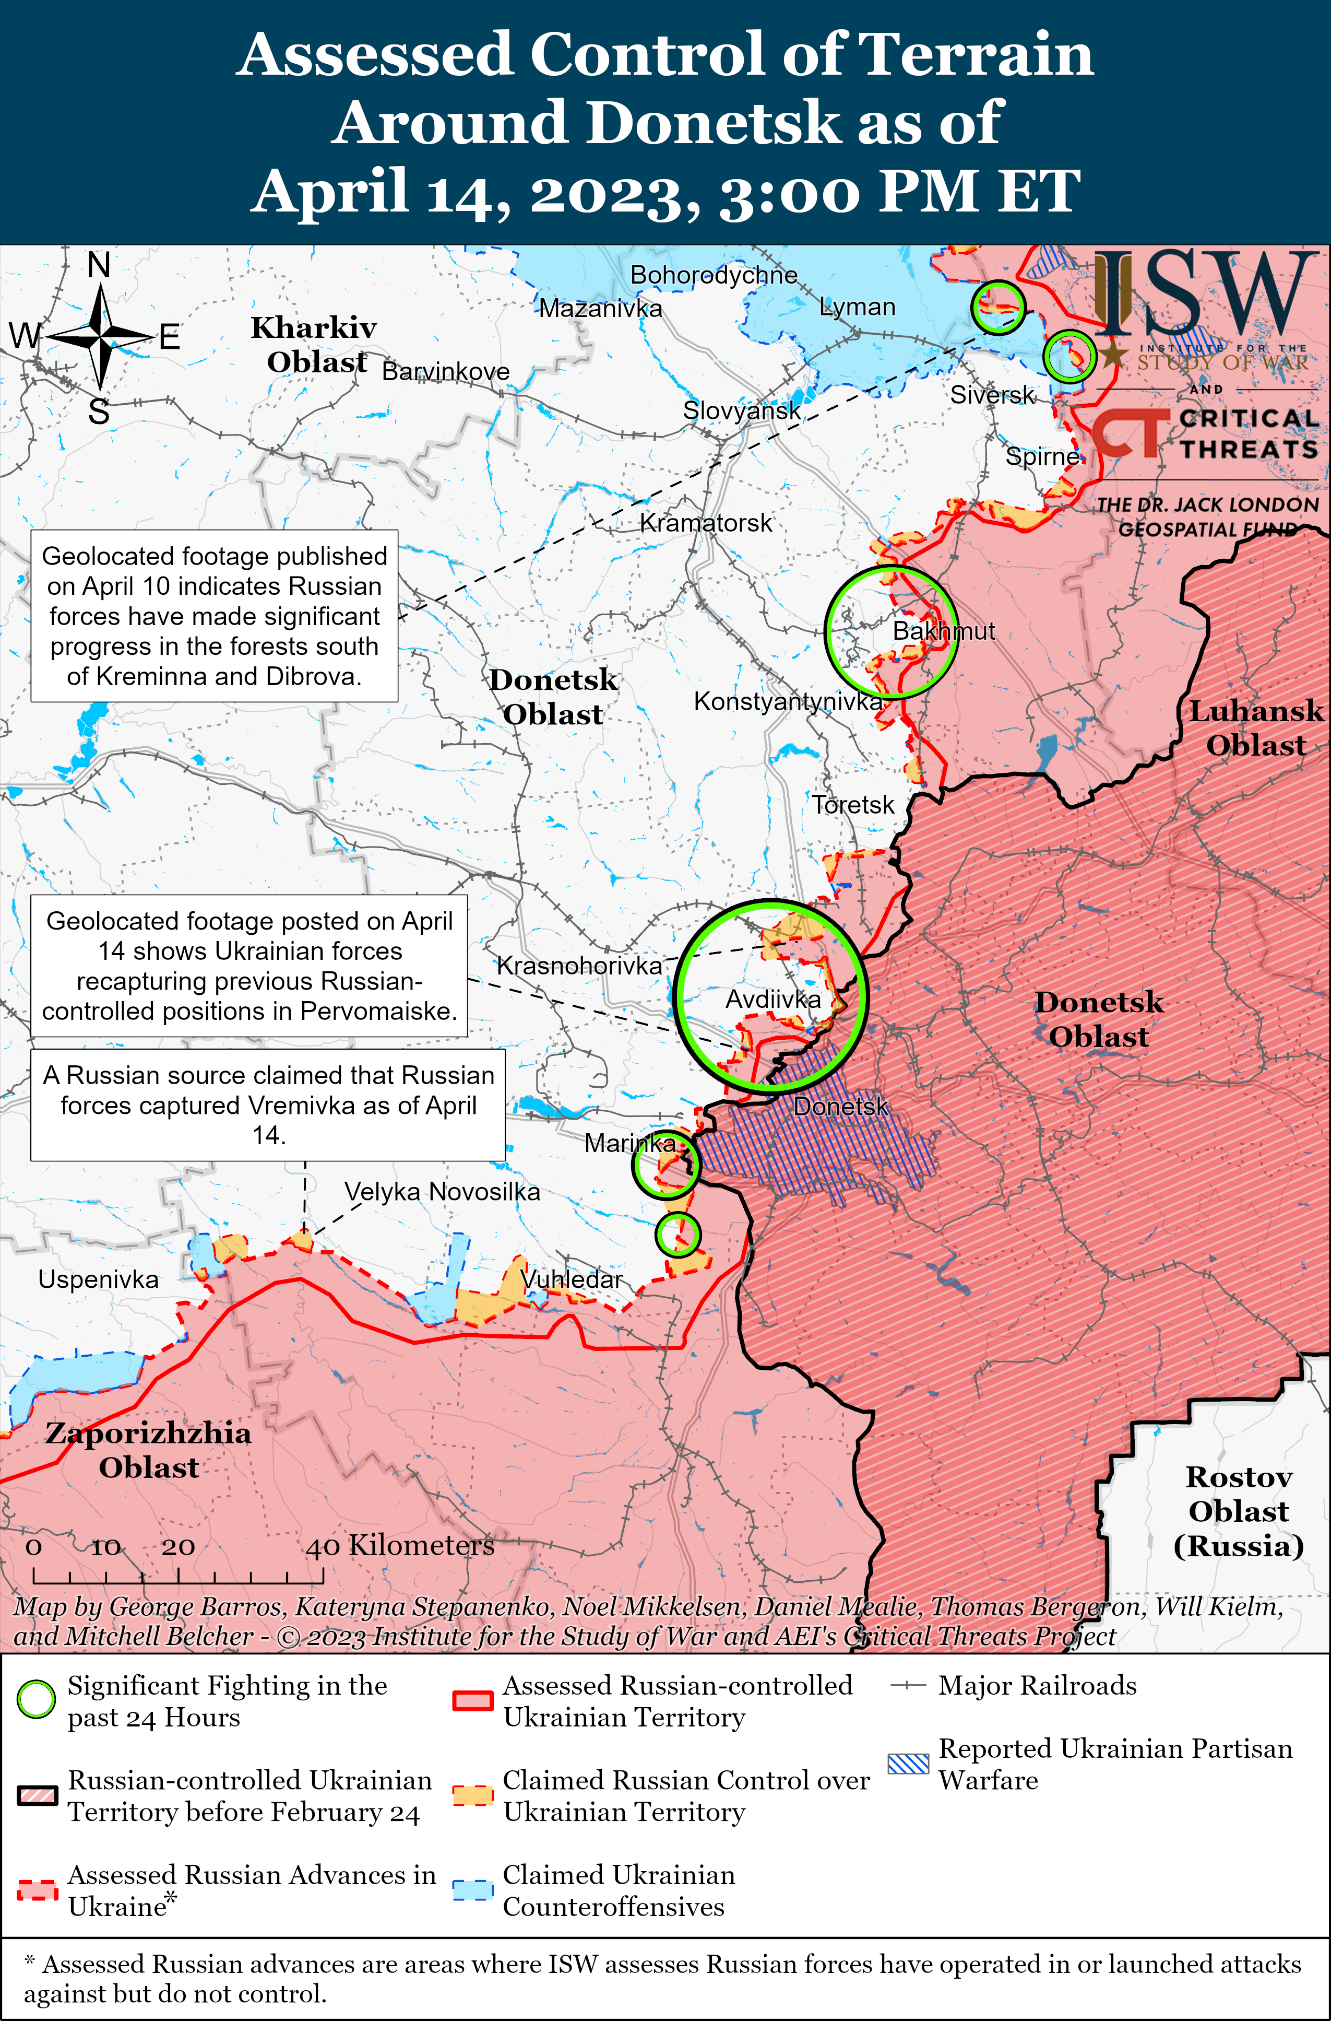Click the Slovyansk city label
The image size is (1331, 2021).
742,411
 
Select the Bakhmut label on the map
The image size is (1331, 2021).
943,631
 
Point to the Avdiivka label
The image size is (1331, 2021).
773,1000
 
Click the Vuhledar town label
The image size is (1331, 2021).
571,1279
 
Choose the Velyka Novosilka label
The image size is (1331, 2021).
442,1191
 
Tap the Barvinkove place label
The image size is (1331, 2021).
446,371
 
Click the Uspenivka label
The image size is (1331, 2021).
99,1279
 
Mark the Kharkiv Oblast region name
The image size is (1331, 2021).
314,345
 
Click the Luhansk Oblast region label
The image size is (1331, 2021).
1255,728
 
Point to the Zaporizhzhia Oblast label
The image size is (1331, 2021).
149,1450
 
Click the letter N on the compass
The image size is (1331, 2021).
99,266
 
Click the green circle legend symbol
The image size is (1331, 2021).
37,1700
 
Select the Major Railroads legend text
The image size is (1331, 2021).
1037,1686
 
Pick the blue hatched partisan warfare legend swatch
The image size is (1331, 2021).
908,1764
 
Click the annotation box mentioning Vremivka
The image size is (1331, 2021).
268,1104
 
